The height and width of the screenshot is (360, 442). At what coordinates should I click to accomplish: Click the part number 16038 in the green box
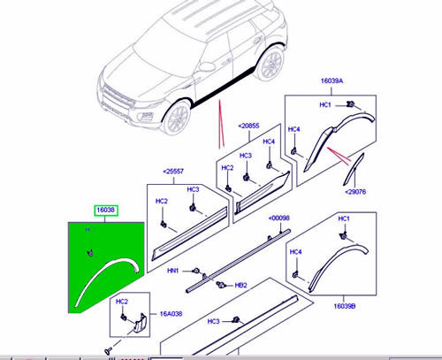click(x=105, y=210)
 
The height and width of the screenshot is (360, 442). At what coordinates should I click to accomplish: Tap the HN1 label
click(x=175, y=271)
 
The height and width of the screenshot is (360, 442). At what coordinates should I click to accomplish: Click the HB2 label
click(x=240, y=286)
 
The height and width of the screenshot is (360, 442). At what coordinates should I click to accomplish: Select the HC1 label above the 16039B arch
click(x=344, y=218)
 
